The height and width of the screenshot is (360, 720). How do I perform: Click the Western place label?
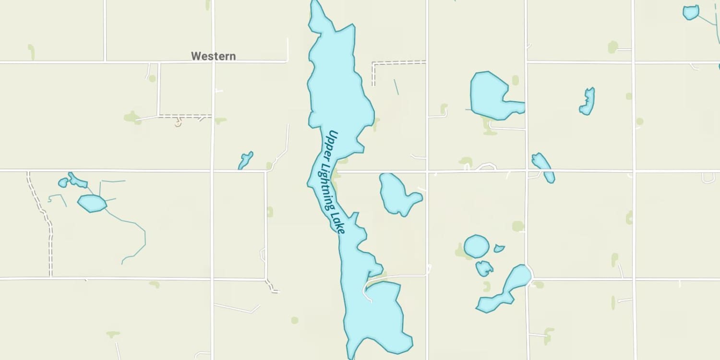[213, 56]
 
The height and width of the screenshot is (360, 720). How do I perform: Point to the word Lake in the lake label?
[338, 223]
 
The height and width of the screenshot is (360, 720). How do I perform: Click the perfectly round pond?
[476, 246]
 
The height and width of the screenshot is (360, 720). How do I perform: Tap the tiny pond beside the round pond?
[499, 249]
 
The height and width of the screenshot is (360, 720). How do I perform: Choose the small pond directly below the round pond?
[484, 268]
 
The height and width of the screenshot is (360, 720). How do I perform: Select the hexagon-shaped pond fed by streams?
[92, 203]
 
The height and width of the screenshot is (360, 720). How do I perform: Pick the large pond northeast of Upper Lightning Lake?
[490, 95]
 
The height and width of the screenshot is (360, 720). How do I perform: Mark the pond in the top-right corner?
[691, 12]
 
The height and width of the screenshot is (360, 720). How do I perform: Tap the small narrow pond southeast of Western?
[245, 160]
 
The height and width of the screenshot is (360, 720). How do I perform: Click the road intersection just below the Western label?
[213, 62]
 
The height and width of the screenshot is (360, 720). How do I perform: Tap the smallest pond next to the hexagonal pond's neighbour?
[63, 182]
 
